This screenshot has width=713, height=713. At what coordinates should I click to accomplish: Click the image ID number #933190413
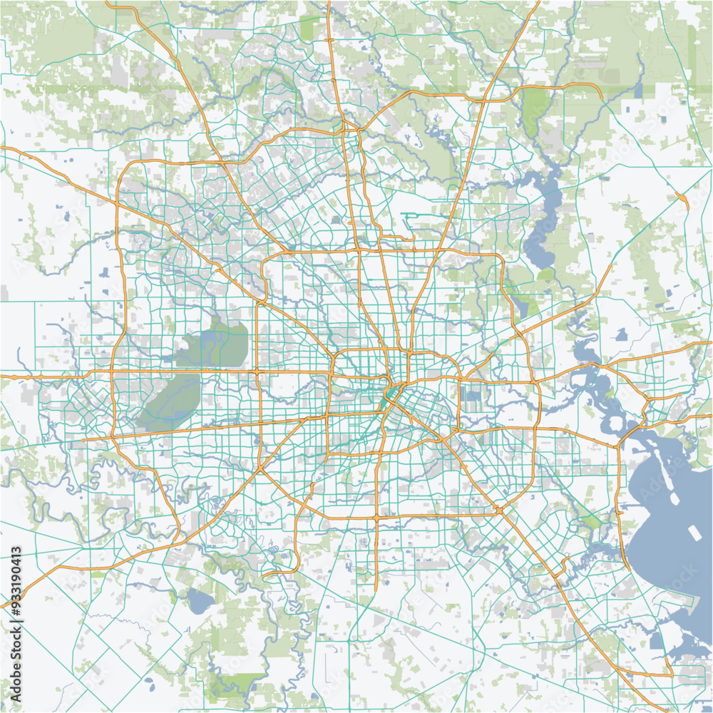click(x=16, y=578)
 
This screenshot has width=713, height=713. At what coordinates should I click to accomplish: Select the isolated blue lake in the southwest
click(x=200, y=602)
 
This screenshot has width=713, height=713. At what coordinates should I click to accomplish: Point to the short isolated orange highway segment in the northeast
click(x=683, y=199)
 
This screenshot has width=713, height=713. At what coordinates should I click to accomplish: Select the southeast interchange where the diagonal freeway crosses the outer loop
click(x=499, y=511)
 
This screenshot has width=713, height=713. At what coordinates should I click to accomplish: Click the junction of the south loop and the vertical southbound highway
click(x=376, y=516)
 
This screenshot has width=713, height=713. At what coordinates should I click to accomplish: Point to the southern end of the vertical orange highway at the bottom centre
click(x=376, y=589)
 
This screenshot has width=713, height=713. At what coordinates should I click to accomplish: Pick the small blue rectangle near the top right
click(x=637, y=90)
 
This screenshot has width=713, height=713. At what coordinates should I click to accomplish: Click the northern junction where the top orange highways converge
click(x=345, y=128)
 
